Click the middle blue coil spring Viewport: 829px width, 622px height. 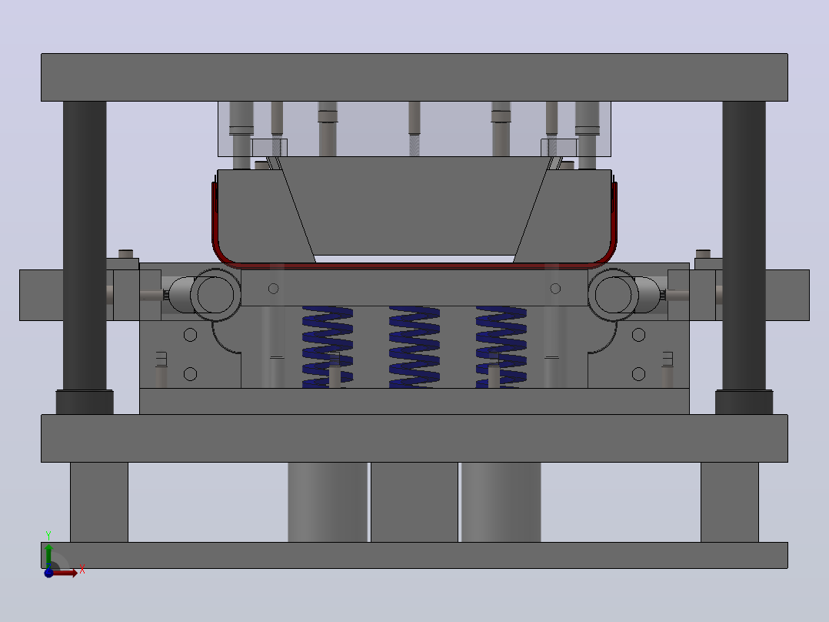tap(414, 346)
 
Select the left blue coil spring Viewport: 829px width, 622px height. tap(328, 346)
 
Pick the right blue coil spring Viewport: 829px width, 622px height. tap(501, 346)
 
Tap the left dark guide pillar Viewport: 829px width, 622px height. tap(85, 246)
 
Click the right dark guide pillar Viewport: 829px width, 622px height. tap(744, 246)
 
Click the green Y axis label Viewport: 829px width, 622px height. tap(48, 536)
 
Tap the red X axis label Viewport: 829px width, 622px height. tap(82, 570)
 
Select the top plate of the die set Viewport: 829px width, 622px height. tap(414, 77)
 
